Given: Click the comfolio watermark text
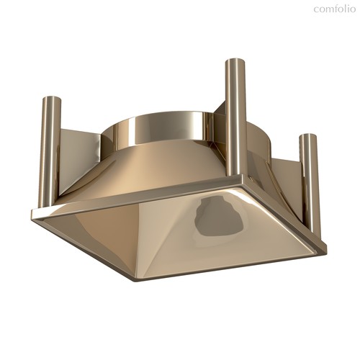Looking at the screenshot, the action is pos(334,9).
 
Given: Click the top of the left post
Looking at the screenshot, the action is pos(51,99).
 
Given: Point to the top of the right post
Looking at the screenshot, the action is pos(307,136).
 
